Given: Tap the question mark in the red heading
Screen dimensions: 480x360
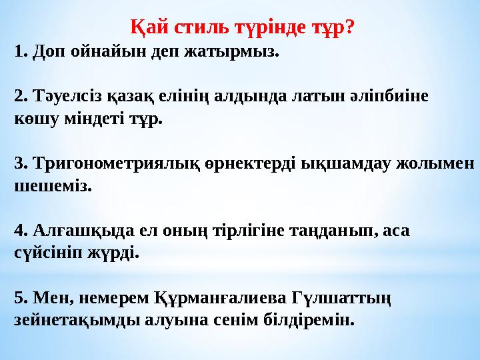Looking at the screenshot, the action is point(349,27).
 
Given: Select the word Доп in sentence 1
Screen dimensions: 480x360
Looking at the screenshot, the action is point(49,52).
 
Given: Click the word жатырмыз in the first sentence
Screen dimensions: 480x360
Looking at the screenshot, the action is point(231,52).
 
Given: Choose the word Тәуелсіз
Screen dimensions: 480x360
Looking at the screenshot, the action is point(67,96).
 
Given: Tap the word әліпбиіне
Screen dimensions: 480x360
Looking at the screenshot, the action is point(389,96).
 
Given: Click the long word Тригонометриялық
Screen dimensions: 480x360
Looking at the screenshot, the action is point(117,164).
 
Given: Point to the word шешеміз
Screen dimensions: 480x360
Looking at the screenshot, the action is point(53,186).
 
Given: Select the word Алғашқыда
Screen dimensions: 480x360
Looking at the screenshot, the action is point(83,231).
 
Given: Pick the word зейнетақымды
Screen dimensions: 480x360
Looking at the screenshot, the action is point(77,321).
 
